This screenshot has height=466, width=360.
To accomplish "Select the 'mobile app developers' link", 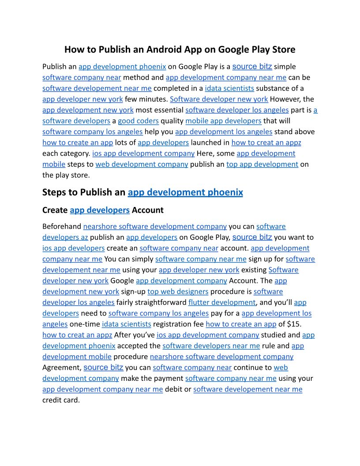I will [223, 121].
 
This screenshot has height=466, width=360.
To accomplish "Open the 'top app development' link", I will [262, 164].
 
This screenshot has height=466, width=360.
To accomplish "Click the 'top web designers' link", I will [178, 292].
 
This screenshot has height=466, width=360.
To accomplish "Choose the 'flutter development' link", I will [222, 302].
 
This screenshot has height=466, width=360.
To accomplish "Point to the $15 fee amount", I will [293, 324].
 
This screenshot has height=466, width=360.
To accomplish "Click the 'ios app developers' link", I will [73, 248].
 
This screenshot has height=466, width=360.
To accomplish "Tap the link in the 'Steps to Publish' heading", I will [185, 192].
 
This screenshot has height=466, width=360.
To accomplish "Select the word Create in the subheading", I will [55, 210].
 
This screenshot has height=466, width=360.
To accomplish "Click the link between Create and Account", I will [100, 210].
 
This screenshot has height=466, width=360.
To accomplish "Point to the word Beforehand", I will [62, 226].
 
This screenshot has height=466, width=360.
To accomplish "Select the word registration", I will [174, 324].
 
